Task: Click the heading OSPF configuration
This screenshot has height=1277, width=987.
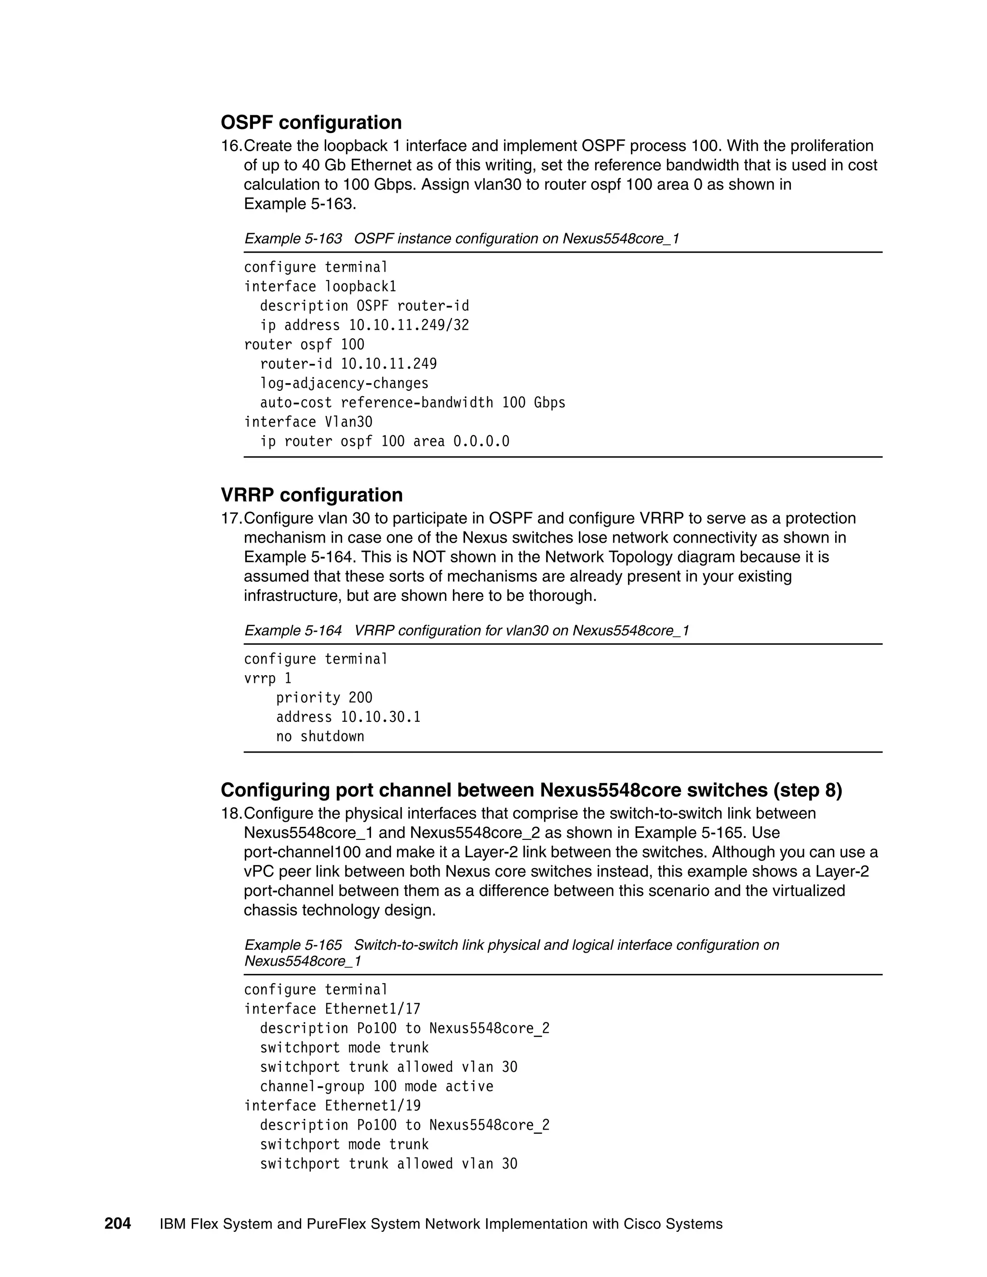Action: click(311, 122)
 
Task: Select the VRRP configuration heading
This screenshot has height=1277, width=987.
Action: click(312, 495)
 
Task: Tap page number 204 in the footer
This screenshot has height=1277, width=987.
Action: click(118, 1224)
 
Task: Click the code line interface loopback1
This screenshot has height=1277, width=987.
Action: click(320, 287)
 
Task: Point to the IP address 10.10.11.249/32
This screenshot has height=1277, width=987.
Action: click(409, 325)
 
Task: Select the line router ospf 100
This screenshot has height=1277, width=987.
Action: click(304, 345)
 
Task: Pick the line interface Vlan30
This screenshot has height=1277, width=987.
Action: click(308, 422)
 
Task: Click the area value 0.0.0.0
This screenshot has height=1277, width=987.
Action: click(481, 441)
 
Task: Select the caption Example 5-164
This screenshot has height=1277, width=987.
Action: click(293, 630)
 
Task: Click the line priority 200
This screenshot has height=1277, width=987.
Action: click(324, 698)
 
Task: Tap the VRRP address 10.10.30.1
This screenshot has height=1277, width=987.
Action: click(380, 717)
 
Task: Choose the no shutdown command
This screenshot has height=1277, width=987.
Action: click(320, 736)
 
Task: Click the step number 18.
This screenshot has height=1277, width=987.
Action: click(230, 813)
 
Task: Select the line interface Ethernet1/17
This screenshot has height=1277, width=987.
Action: click(332, 1009)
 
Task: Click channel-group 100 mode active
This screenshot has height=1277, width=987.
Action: click(376, 1086)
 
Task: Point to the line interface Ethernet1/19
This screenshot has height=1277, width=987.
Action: click(332, 1105)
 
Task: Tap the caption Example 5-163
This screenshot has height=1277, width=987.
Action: click(293, 239)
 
